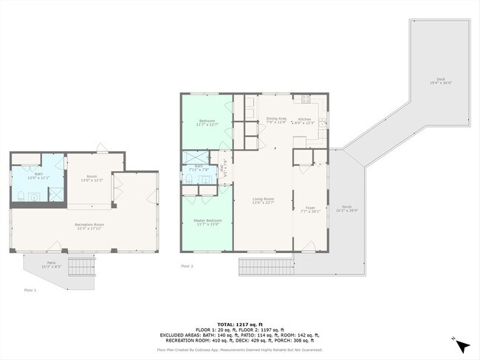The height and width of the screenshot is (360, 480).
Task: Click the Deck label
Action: click(x=440, y=80)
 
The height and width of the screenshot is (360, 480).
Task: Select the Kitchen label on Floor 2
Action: click(x=305, y=121)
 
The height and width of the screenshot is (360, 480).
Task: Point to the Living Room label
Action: click(x=264, y=200)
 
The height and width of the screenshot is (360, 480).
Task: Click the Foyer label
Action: click(x=310, y=209)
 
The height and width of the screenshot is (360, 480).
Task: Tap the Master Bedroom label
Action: click(x=208, y=222)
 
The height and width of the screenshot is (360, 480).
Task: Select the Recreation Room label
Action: click(x=88, y=225)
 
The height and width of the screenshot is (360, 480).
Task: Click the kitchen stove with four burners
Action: click(x=306, y=98)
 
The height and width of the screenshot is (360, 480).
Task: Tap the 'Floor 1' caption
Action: click(x=30, y=290)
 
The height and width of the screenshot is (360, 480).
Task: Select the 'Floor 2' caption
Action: click(x=187, y=266)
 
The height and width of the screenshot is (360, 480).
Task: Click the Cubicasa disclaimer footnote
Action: click(x=240, y=350)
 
